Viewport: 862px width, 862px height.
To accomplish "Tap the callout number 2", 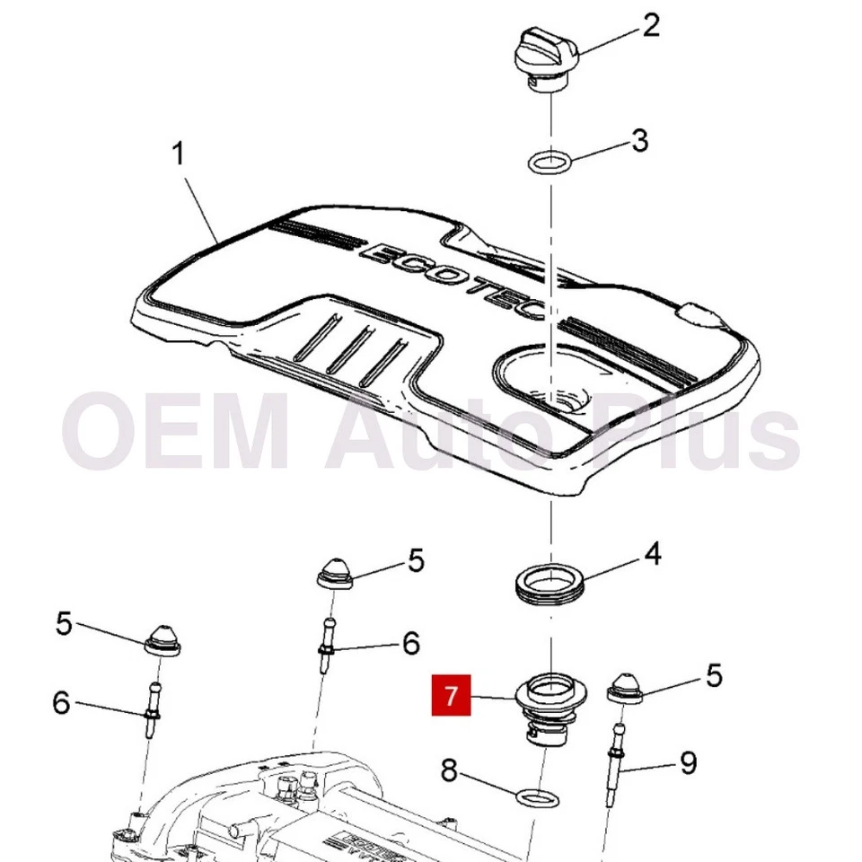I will click(650, 25).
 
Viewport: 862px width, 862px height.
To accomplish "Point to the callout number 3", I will click(638, 141).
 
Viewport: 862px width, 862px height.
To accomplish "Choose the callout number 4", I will click(653, 553).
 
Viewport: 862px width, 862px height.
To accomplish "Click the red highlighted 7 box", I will click(451, 694).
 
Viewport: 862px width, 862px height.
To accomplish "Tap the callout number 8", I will click(450, 770).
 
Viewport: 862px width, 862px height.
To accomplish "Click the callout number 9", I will click(688, 763).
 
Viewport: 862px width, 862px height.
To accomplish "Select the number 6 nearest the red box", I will click(410, 642).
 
